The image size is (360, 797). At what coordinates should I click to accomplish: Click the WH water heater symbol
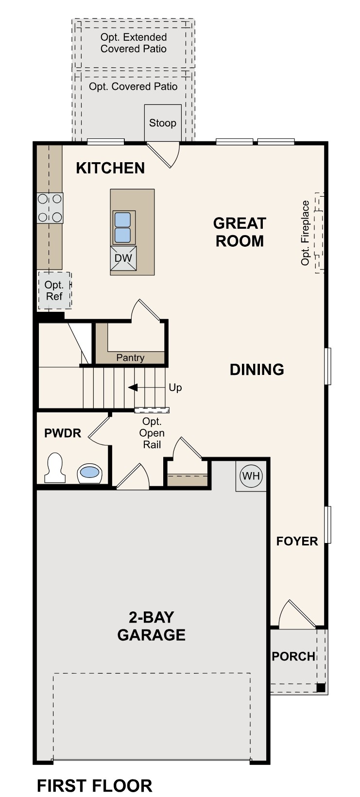pyautogui.click(x=251, y=476)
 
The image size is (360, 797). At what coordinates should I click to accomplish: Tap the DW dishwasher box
pyautogui.click(x=123, y=258)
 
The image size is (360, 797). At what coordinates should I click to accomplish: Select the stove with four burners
pyautogui.click(x=50, y=208)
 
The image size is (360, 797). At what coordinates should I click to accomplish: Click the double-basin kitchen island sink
pyautogui.click(x=123, y=227)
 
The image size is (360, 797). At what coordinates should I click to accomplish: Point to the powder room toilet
pyautogui.click(x=54, y=468)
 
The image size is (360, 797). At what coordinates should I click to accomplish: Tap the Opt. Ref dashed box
pyautogui.click(x=54, y=290)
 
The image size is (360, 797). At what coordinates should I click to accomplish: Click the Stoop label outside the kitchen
pyautogui.click(x=162, y=123)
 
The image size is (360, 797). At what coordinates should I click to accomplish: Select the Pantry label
pyautogui.click(x=130, y=358)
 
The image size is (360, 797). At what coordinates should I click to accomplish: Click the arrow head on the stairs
pyautogui.click(x=133, y=388)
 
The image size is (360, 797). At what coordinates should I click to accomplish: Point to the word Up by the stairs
pyautogui.click(x=175, y=388)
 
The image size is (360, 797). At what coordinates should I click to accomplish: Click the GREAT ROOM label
pyautogui.click(x=240, y=232)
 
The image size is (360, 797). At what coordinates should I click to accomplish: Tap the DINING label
pyautogui.click(x=257, y=370)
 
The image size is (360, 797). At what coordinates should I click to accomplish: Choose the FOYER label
pyautogui.click(x=297, y=541)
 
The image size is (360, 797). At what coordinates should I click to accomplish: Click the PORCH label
pyautogui.click(x=293, y=656)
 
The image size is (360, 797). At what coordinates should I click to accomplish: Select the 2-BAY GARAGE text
pyautogui.click(x=151, y=626)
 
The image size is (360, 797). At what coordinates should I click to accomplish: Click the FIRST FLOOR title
pyautogui.click(x=94, y=785)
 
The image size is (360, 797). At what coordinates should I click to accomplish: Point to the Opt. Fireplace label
pyautogui.click(x=305, y=233)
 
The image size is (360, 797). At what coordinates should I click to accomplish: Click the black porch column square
pyautogui.click(x=321, y=687)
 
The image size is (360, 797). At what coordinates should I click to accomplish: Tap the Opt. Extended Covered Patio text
pyautogui.click(x=134, y=43)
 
